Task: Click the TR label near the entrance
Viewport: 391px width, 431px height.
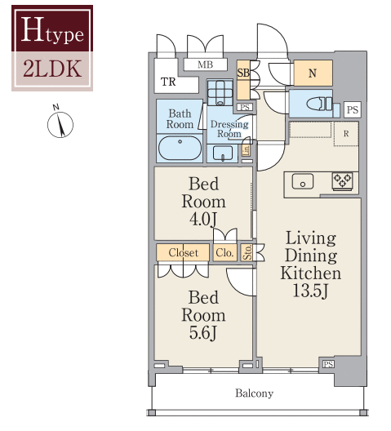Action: tap(168, 82)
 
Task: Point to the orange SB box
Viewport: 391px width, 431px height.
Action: tap(243, 73)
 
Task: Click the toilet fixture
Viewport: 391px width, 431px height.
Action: tap(314, 104)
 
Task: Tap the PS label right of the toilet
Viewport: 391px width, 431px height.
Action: tap(351, 109)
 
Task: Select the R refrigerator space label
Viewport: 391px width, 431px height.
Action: tap(346, 133)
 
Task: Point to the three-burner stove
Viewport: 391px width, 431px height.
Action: tap(342, 181)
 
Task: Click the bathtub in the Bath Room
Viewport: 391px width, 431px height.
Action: tap(179, 149)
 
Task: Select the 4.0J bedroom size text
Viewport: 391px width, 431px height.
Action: tap(202, 219)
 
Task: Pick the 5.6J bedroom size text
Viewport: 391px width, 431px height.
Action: tap(202, 333)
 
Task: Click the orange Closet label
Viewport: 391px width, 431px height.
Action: tap(183, 253)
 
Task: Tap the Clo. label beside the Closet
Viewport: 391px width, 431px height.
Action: tap(225, 253)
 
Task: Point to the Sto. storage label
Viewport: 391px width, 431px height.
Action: tap(247, 253)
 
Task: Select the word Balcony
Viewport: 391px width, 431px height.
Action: tap(254, 393)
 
